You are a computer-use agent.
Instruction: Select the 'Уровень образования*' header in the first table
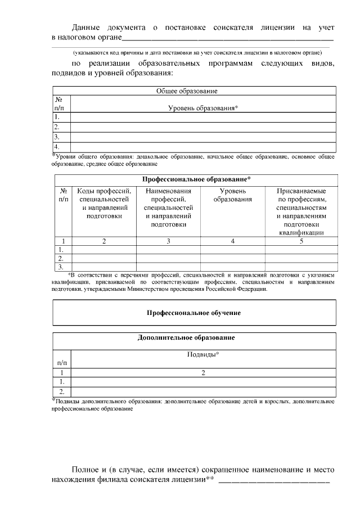(x=203, y=107)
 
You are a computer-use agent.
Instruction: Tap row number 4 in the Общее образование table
(x=57, y=147)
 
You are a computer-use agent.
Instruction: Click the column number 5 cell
(x=301, y=241)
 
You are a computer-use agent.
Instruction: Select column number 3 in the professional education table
(x=168, y=241)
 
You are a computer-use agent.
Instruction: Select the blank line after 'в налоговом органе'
(x=228, y=38)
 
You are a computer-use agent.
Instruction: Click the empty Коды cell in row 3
(x=103, y=267)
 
